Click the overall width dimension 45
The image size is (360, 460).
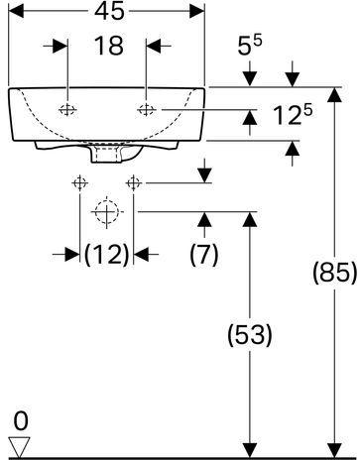tap(109, 11)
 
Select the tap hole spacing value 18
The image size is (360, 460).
tap(109, 46)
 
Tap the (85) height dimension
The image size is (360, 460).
tap(335, 273)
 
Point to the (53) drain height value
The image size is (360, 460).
tap(250, 335)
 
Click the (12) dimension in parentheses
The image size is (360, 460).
tap(106, 255)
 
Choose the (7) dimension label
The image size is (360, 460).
tap(204, 255)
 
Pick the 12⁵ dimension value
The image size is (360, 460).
tap(293, 115)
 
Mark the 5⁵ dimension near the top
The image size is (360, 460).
tap(250, 46)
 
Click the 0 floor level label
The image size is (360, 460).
tap(21, 421)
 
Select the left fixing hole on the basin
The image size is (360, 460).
tap(67, 110)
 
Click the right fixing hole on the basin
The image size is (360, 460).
tap(146, 110)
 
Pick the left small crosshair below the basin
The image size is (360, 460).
tap(79, 182)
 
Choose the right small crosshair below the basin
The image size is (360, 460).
tap(134, 182)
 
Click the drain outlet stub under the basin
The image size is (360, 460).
tap(106, 154)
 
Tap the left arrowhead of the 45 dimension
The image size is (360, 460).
tap(16, 11)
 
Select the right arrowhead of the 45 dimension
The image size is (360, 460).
tap(197, 11)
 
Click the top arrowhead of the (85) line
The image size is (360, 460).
tap(335, 95)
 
